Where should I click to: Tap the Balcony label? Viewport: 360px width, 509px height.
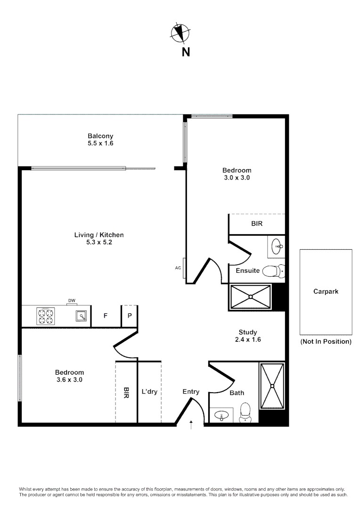point(100,136)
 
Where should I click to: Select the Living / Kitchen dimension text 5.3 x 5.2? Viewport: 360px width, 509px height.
point(98,242)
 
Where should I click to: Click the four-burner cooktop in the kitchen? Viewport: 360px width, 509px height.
point(46,316)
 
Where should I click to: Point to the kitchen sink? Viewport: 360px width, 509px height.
point(82,316)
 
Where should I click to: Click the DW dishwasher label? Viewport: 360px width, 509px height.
point(72,301)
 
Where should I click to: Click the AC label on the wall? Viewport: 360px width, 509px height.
point(178,268)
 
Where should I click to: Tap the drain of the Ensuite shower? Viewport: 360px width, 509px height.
point(250,296)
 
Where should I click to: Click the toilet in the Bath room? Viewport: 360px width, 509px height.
point(245,411)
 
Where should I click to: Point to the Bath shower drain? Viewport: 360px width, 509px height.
point(272,386)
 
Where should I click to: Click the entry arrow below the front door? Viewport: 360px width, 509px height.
point(191,425)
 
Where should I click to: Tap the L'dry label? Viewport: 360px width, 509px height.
point(149,392)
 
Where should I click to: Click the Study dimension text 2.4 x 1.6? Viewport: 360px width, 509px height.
point(247,339)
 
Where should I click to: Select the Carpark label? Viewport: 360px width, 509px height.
point(326,291)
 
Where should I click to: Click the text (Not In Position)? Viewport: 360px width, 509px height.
point(326,342)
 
